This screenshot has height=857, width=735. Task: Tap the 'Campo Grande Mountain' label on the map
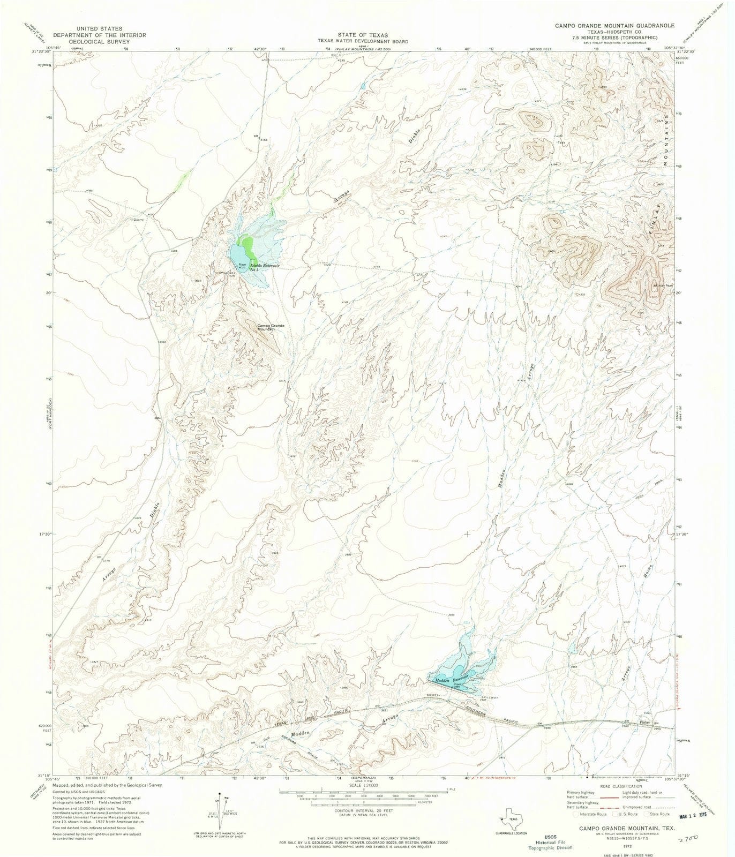pos(270,327)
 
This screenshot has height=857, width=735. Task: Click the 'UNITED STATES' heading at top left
pos(99,28)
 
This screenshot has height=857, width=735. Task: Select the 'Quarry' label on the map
pos(138,219)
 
